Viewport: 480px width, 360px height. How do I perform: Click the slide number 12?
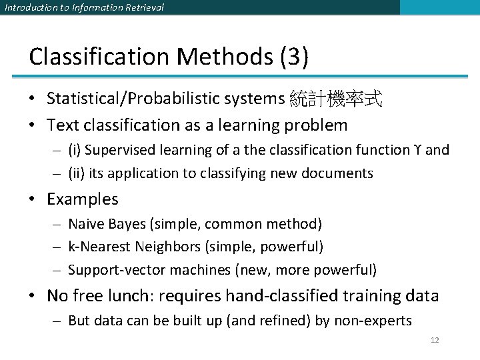[x=435, y=340]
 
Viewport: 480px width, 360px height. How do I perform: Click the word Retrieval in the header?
[x=140, y=7]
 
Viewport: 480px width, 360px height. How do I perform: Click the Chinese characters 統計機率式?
[x=337, y=99]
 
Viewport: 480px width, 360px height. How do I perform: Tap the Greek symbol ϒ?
[x=417, y=150]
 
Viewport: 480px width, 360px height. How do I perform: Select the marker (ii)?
[x=77, y=173]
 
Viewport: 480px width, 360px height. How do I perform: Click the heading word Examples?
[x=83, y=199]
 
